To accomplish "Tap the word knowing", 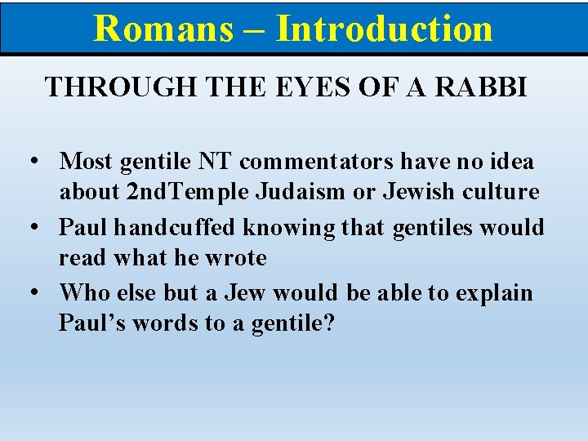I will point(278,227).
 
